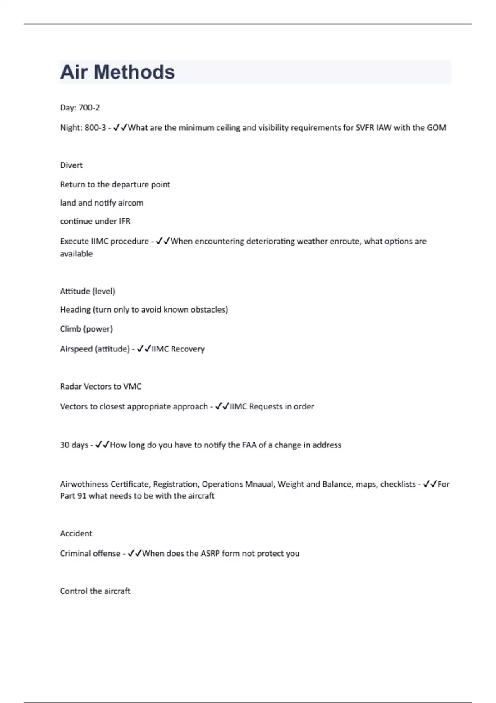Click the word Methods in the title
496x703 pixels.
[x=134, y=72]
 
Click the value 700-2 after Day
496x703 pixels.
[x=89, y=108]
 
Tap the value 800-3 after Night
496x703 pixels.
[x=95, y=128]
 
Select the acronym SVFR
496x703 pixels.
[x=365, y=128]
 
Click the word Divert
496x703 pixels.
[x=71, y=165]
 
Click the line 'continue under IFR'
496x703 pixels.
[x=95, y=221]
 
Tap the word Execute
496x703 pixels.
[x=74, y=241]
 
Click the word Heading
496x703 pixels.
[x=75, y=310]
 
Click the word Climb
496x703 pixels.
[x=70, y=329]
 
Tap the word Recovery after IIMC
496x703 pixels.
[x=188, y=349]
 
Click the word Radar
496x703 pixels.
[x=71, y=387]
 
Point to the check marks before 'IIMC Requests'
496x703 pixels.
[x=222, y=406]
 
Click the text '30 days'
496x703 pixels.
[x=74, y=445]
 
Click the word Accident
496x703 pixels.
[x=76, y=533]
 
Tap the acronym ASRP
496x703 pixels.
[x=210, y=554]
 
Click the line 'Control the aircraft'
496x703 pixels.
[x=95, y=591]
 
